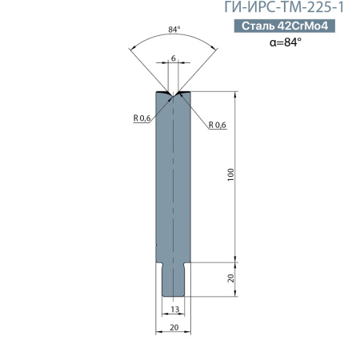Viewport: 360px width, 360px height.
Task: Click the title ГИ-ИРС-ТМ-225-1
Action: coord(284,7)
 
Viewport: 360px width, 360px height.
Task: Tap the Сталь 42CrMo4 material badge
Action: coord(285,26)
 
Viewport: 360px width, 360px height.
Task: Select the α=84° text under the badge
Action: coord(286,42)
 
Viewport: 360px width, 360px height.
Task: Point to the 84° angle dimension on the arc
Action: coord(174,30)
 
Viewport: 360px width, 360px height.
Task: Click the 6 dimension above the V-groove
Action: coord(174,58)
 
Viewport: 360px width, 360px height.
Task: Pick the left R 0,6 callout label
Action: coord(142,118)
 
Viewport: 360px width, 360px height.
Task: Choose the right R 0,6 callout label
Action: coord(218,125)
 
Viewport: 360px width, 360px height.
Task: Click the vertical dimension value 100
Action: coord(230,174)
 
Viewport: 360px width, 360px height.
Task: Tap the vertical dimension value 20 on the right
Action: coord(231,278)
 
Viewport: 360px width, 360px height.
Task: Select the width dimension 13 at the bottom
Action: coord(175,310)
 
